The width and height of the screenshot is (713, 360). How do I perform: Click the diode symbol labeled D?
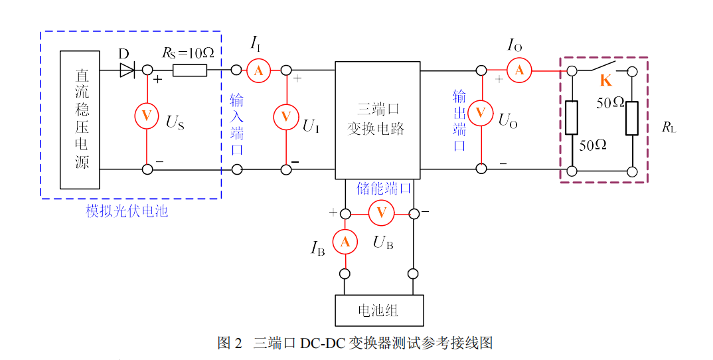(x=127, y=70)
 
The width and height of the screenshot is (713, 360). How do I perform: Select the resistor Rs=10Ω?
(x=190, y=70)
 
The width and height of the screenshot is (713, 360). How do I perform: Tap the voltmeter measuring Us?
(x=147, y=116)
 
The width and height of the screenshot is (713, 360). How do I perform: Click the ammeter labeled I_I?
(x=259, y=70)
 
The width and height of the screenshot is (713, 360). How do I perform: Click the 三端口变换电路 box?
(x=377, y=120)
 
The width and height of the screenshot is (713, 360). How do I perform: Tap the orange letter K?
(x=605, y=82)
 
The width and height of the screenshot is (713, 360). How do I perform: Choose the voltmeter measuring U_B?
(x=381, y=213)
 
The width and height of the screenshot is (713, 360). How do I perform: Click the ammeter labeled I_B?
(x=345, y=242)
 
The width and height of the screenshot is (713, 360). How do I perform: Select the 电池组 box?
(x=379, y=310)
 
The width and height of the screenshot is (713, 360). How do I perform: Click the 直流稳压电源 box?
(x=80, y=120)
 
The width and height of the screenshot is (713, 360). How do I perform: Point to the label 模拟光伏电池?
(x=127, y=212)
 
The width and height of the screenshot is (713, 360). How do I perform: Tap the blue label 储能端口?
(x=384, y=188)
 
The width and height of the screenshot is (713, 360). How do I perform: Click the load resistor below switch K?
(x=631, y=118)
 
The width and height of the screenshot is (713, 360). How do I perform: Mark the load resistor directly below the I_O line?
(x=572, y=118)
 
